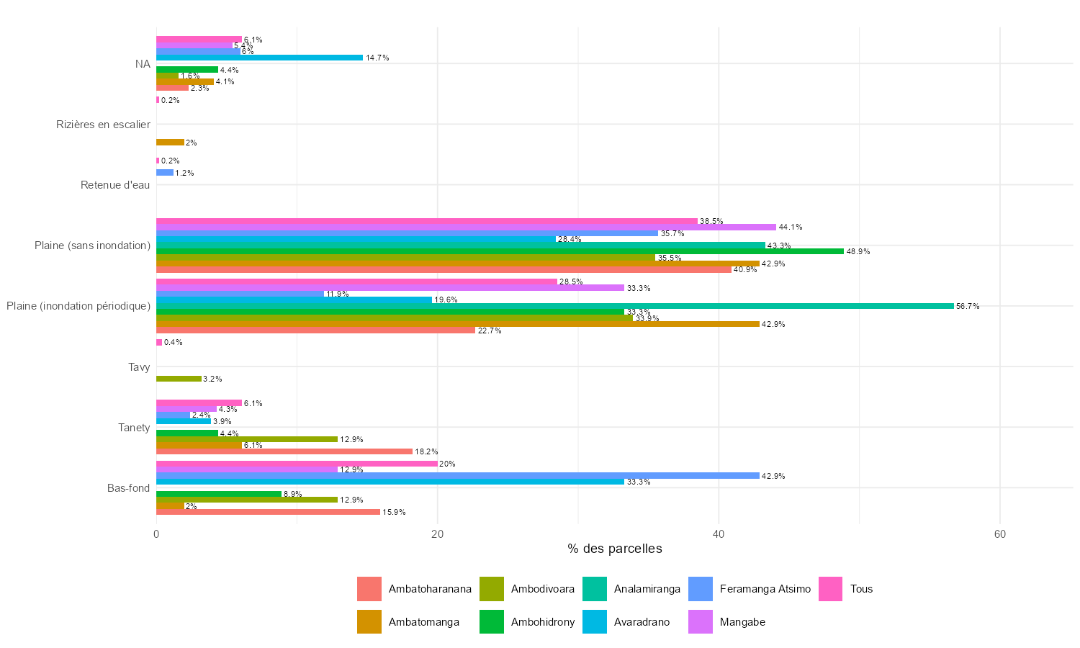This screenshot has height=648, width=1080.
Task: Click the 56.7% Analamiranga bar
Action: [554, 306]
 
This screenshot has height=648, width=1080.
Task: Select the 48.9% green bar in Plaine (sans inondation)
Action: [500, 251]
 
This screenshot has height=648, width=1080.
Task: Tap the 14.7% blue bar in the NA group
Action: [259, 58]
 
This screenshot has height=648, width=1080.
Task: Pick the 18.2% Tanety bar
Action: [284, 451]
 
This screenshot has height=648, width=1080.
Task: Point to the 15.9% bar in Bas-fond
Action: [268, 512]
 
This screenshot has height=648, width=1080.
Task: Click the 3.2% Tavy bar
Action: [179, 379]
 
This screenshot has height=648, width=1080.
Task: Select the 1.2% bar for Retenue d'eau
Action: [165, 173]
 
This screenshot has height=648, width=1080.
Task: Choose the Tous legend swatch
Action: [831, 589]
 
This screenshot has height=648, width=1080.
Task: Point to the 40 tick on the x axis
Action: [719, 534]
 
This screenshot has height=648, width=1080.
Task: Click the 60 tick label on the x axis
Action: [999, 534]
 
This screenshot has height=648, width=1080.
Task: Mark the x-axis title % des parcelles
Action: [614, 549]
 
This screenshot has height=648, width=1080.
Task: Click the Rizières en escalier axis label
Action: [103, 125]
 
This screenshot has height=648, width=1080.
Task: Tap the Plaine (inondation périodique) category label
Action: [78, 306]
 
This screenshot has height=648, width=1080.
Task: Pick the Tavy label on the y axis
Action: [139, 367]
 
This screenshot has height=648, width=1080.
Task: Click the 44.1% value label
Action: [791, 228]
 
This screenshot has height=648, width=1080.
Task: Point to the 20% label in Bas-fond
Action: [447, 464]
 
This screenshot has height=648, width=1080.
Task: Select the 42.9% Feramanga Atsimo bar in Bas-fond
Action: [458, 476]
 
